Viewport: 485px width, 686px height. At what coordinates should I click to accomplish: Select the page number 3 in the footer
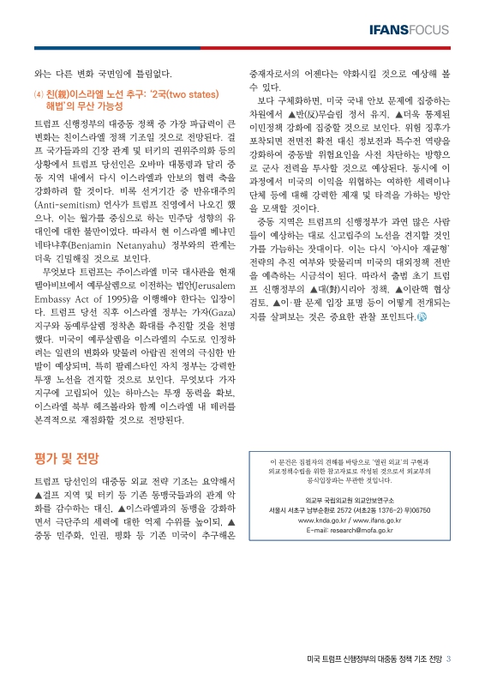(449, 659)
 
